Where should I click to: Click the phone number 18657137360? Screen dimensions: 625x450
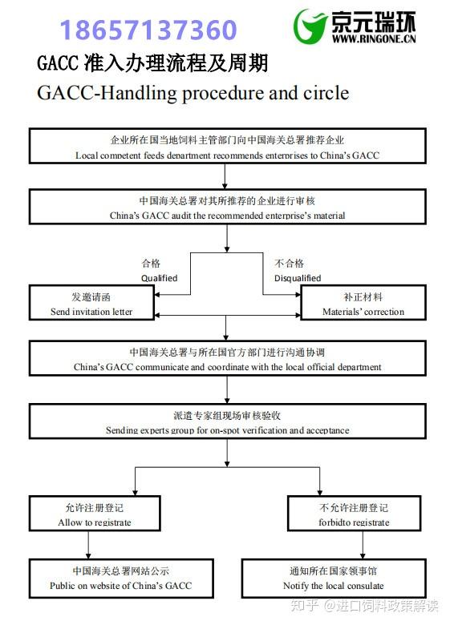pos(148,30)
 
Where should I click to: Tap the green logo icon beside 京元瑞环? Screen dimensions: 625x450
pos(310,27)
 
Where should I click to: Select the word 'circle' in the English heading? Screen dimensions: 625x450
pos(321,93)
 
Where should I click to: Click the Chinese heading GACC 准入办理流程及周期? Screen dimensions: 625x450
pos(152,62)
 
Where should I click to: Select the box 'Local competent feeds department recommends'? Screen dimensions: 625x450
pos(227,146)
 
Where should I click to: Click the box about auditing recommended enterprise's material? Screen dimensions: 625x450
pos(227,207)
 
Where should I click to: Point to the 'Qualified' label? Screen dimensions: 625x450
pos(159,278)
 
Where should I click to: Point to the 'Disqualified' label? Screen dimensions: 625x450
pos(297,278)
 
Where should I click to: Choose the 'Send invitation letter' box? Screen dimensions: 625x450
pos(91,304)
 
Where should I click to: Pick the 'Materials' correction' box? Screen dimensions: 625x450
pos(363,304)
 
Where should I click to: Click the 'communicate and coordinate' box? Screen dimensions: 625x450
pos(227,358)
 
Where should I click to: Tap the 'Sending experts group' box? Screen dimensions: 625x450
pos(227,422)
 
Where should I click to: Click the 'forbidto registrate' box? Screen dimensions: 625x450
pos(354,514)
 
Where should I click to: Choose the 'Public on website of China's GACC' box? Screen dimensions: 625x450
pos(120,578)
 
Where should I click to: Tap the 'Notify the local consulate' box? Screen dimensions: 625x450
pos(333,578)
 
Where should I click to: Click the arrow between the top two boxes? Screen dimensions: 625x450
pos(227,176)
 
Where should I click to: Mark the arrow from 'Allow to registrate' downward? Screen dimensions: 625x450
pos(87,545)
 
